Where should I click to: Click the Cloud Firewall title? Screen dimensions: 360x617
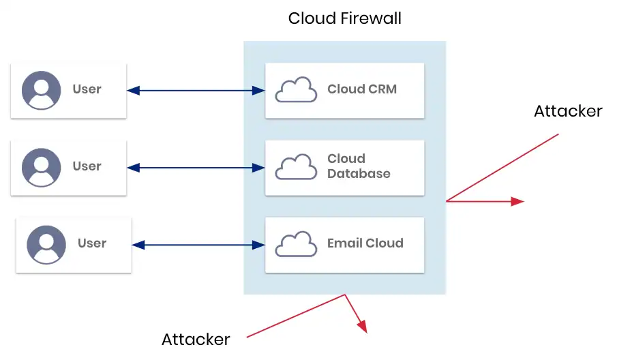(x=344, y=18)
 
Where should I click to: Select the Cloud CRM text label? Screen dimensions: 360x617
(x=361, y=89)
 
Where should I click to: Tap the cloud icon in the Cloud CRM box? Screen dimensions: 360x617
(x=296, y=90)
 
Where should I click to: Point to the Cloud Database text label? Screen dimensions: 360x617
(x=359, y=166)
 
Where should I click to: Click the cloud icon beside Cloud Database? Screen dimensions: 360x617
(x=296, y=167)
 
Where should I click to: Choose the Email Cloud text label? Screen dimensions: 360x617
(x=365, y=243)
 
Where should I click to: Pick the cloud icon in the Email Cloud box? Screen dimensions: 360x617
(x=296, y=244)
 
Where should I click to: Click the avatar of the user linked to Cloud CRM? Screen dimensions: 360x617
(x=42, y=90)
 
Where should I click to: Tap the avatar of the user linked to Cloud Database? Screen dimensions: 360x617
(x=42, y=167)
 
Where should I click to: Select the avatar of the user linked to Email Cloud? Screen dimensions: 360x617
(x=46, y=245)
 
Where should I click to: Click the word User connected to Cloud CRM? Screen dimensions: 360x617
(x=87, y=89)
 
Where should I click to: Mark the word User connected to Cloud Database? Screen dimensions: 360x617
(x=87, y=166)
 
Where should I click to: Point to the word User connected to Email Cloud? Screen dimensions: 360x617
(x=92, y=243)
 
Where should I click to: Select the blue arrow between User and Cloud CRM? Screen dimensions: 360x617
(x=196, y=90)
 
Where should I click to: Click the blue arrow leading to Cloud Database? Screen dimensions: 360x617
(x=196, y=167)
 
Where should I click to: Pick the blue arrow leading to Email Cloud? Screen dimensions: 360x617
(x=198, y=244)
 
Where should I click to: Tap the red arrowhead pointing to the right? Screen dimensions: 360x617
(x=517, y=201)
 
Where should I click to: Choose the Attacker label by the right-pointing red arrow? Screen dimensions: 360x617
(x=568, y=111)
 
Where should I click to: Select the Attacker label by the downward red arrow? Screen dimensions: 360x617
(x=196, y=339)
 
